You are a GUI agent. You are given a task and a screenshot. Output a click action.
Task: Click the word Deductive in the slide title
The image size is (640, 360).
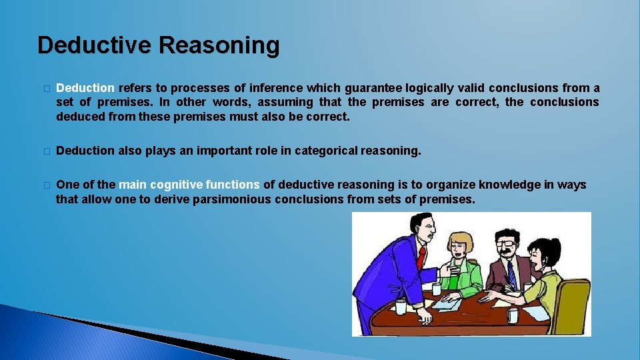point(96,45)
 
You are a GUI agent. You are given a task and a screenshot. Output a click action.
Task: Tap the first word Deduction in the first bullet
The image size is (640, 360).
point(85,88)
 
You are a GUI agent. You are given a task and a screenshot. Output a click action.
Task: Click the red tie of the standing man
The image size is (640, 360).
point(421,257)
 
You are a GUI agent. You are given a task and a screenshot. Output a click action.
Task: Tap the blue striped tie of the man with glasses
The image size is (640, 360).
point(510,273)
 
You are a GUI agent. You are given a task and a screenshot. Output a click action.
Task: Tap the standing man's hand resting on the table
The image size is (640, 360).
point(443,271)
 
